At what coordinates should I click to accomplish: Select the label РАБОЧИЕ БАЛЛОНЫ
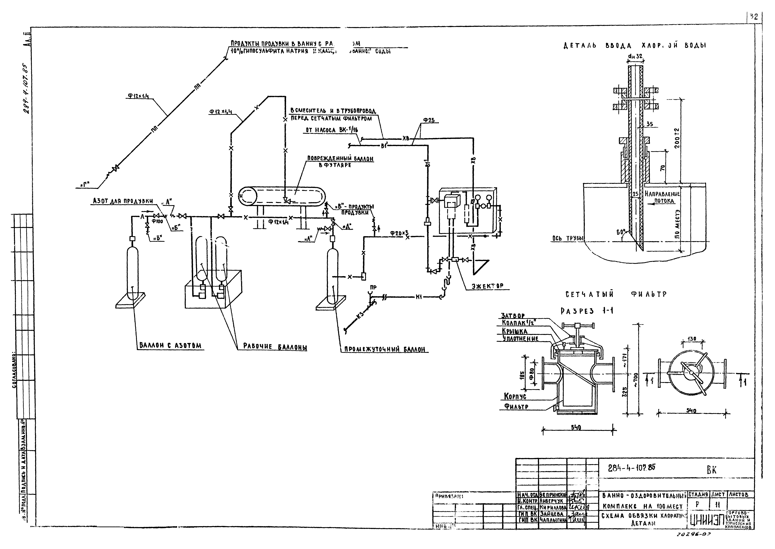pyautogui.click(x=275, y=347)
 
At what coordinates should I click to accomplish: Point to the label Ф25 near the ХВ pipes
pyautogui.click(x=429, y=120)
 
